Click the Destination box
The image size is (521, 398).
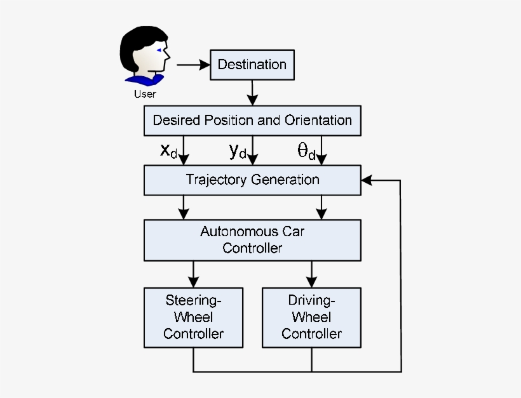(x=252, y=64)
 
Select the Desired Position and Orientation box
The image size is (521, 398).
(x=252, y=120)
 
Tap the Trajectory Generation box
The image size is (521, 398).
(x=252, y=180)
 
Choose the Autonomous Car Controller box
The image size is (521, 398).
(x=252, y=240)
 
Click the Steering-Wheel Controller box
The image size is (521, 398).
(x=193, y=317)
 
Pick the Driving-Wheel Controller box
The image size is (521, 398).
(x=311, y=317)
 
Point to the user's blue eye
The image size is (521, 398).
(x=159, y=51)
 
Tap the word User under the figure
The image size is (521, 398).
(x=145, y=95)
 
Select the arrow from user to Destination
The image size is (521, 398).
(x=193, y=65)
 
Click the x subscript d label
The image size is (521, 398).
(x=168, y=151)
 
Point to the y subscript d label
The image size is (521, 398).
(x=238, y=151)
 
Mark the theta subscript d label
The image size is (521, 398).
(x=306, y=151)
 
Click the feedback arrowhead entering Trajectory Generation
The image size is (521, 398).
(x=367, y=180)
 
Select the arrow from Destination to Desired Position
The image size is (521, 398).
(x=253, y=92)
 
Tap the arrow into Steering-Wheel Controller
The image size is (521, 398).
(x=193, y=274)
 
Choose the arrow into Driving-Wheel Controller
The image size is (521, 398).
(x=311, y=274)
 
